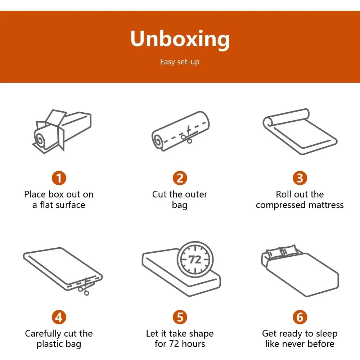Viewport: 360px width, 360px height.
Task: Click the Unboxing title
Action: [x=180, y=39]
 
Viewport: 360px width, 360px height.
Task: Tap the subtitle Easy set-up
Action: [x=180, y=62]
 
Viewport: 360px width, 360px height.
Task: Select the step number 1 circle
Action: [x=59, y=178]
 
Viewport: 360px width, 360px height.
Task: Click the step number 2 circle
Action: [x=180, y=178]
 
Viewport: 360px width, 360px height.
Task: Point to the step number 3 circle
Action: [x=300, y=178]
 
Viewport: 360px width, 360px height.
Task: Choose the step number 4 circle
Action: [x=59, y=317]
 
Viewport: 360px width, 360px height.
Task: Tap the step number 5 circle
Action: [x=180, y=317]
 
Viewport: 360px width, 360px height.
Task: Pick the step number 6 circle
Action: [x=300, y=317]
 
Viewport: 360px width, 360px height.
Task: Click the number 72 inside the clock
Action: [x=195, y=260]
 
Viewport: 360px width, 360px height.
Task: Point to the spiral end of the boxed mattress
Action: [x=40, y=139]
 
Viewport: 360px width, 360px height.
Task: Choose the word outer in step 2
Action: [x=196, y=195]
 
